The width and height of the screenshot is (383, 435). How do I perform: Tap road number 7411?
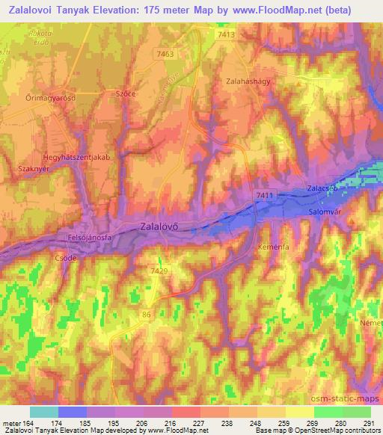pyautogui.click(x=264, y=194)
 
